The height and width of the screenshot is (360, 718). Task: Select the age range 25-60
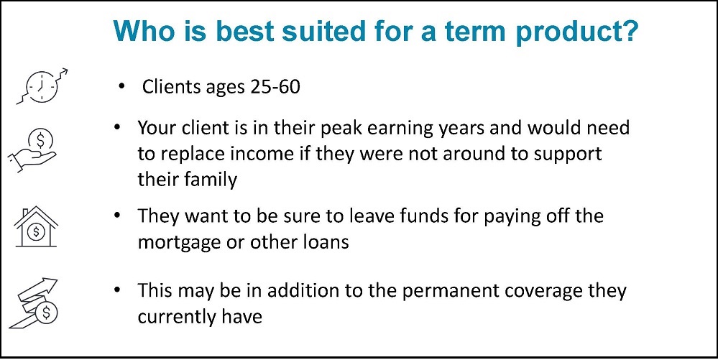click(275, 86)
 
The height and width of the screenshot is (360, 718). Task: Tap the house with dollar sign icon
click(36, 227)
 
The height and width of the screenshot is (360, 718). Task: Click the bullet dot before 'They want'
click(119, 214)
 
